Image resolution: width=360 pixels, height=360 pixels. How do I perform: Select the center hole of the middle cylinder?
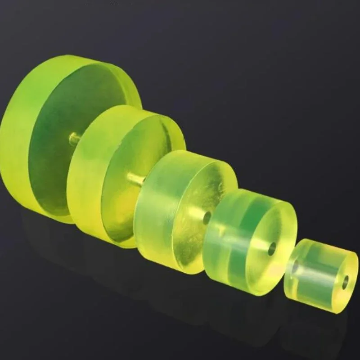click(x=207, y=218)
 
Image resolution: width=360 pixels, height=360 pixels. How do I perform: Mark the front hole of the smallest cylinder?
click(x=345, y=282)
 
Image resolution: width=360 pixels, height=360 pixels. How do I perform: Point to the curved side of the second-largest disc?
click(x=83, y=180)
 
